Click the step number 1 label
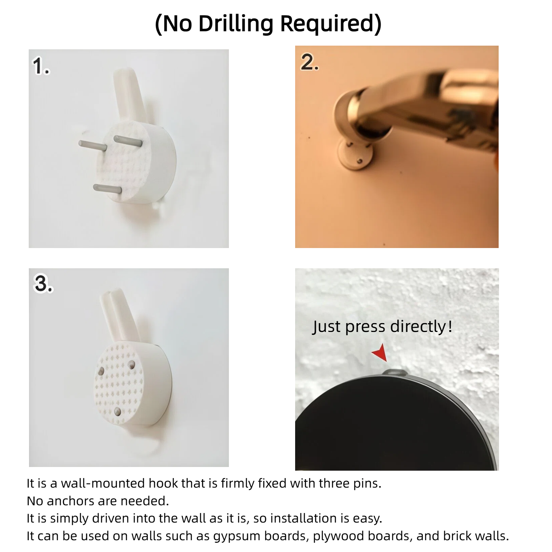(40, 67)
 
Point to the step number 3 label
(43, 284)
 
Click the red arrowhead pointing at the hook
(380, 353)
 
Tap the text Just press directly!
(382, 326)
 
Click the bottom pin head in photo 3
(117, 411)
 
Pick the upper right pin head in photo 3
(131, 365)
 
